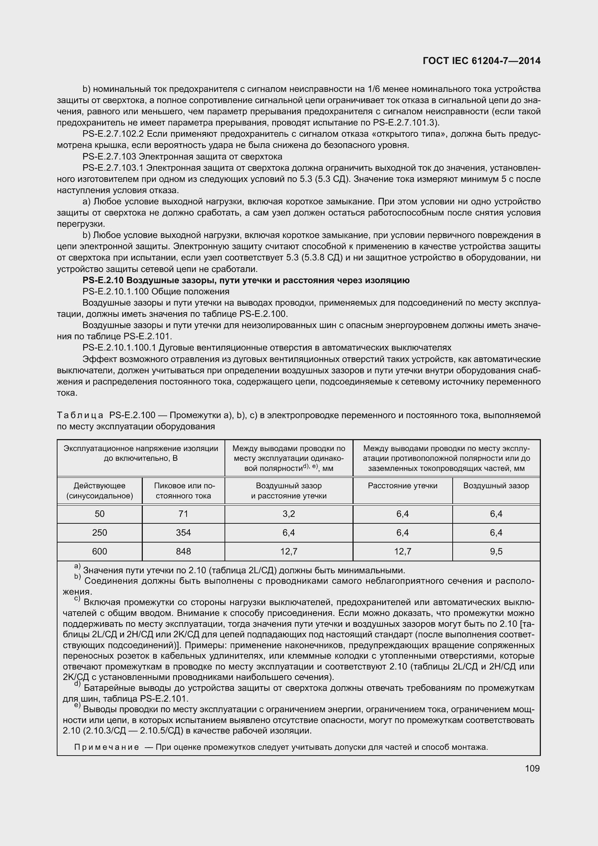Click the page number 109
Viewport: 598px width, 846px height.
pos(532,768)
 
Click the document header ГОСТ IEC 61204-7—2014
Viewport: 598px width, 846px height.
pos(482,61)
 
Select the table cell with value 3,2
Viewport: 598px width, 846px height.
pos(289,514)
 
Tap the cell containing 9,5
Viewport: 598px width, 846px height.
pos(496,551)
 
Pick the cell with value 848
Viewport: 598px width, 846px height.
pos(183,551)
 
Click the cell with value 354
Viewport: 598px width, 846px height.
pos(183,532)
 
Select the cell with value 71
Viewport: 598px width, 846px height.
pos(183,514)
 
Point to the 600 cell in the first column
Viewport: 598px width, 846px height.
pos(99,551)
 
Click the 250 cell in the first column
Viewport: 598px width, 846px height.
pos(99,532)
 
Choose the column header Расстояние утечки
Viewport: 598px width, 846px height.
pos(402,486)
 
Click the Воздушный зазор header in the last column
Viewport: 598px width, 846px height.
pos(496,486)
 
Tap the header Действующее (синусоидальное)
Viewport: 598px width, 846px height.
pos(99,491)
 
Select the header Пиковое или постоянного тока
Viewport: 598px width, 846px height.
pos(183,491)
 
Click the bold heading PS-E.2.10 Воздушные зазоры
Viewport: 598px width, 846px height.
pos(245,280)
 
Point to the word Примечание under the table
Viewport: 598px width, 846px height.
pos(106,747)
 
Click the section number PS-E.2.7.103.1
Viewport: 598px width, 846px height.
pos(113,168)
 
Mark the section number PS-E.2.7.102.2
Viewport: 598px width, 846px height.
pos(113,134)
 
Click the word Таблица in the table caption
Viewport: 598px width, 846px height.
pos(80,415)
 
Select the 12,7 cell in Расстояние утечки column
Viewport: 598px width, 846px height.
pos(402,551)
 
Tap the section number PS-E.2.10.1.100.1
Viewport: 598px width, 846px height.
pos(119,348)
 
